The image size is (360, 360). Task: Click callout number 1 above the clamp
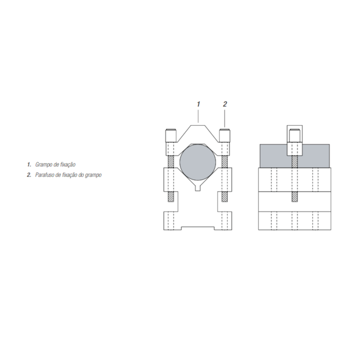[x=198, y=104]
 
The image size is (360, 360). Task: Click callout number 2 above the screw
[x=225, y=104]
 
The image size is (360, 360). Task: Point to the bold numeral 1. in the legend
[x=29, y=164]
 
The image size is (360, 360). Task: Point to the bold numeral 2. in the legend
[x=29, y=175]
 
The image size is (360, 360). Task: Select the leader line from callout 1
[x=198, y=116]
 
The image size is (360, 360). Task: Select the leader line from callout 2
[x=225, y=117]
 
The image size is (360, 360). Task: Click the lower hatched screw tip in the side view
[x=295, y=197]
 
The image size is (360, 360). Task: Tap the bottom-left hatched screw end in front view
[x=171, y=197]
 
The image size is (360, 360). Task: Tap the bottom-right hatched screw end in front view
[x=225, y=197]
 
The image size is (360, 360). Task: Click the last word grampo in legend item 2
[x=94, y=175]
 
